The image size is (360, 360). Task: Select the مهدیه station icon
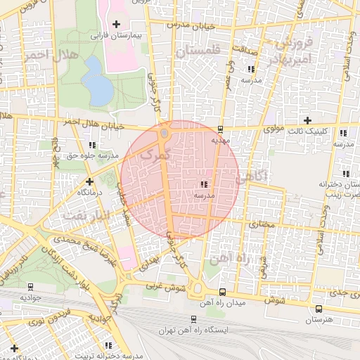pos(221,129)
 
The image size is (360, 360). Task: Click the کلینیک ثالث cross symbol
pos(307,120)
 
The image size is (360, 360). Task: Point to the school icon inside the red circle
pos(204,184)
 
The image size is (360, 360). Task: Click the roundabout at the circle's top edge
pos(164,132)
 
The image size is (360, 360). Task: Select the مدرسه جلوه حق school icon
pos(92,145)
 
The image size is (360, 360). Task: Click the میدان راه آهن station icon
pos(222,292)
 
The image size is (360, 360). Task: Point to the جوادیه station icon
pos(30,287)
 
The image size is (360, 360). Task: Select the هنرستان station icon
pos(319,309)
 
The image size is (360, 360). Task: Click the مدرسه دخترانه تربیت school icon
pos(108,345)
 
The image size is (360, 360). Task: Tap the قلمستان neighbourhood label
pos(198,51)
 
